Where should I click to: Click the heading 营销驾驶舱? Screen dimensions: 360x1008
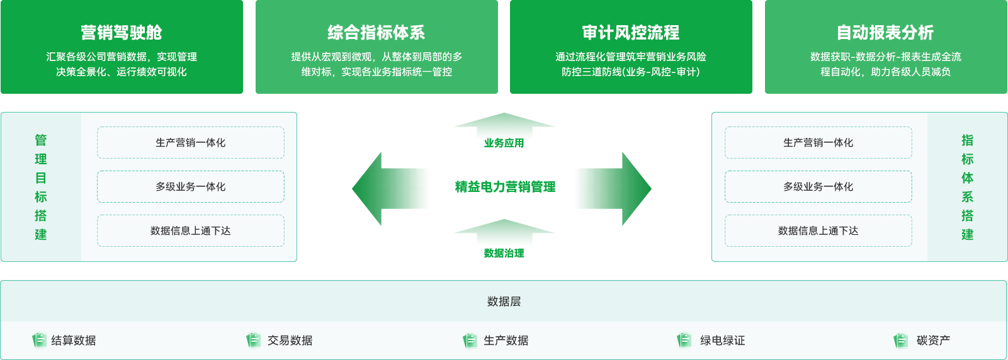[x=122, y=33]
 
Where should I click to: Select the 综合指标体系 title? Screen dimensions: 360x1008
[x=376, y=33]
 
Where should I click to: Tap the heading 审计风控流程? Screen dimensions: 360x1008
[x=631, y=33]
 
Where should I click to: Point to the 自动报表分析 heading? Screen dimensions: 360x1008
[x=885, y=33]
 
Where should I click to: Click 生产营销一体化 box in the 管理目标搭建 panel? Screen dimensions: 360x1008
[x=191, y=143]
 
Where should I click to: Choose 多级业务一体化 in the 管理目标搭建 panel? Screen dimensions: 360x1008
[x=191, y=187]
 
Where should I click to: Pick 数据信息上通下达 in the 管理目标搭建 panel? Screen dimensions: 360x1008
[x=191, y=231]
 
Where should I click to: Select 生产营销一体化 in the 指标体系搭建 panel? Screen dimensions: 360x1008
[x=818, y=143]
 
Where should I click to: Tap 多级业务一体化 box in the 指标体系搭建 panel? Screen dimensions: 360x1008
[x=818, y=187]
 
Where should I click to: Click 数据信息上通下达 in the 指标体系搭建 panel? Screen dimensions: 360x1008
[x=818, y=231]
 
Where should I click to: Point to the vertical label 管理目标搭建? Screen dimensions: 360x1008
[x=41, y=187]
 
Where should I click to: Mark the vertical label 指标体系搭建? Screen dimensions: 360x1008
[x=967, y=187]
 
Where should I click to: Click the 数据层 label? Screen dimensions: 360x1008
[x=504, y=301]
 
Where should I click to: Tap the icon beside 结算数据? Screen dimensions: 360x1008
[x=39, y=340]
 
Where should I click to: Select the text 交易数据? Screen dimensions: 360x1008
[x=290, y=340]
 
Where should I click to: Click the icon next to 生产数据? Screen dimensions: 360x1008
[x=470, y=340]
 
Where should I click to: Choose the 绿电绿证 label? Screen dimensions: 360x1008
[x=722, y=340]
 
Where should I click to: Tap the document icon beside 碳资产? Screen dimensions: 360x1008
[x=900, y=340]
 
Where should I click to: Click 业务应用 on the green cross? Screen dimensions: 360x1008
[x=504, y=143]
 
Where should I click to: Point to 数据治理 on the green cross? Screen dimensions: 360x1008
[x=504, y=254]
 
